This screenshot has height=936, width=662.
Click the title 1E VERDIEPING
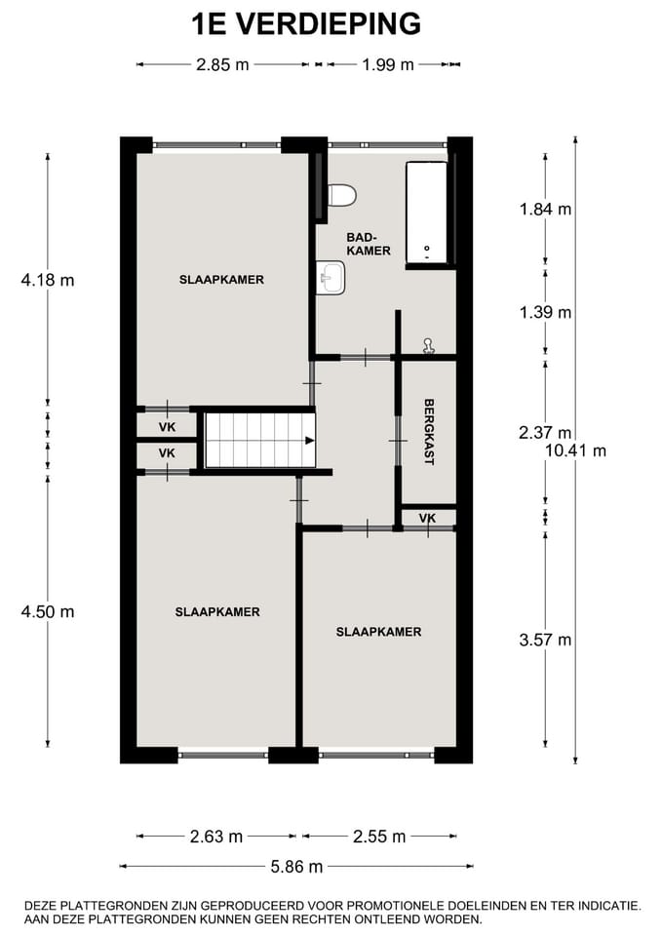click(x=306, y=23)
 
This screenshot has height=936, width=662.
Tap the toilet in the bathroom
click(x=340, y=195)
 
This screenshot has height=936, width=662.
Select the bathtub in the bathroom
click(x=426, y=213)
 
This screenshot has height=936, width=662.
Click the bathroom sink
click(x=329, y=279)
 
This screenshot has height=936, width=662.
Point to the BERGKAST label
click(x=428, y=431)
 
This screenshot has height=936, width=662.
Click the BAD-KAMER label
click(x=369, y=244)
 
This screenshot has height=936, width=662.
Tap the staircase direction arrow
click(x=309, y=440)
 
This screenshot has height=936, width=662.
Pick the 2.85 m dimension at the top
click(x=222, y=65)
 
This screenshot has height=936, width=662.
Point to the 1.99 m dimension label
click(x=388, y=65)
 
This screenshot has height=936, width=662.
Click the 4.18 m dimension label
click(x=48, y=281)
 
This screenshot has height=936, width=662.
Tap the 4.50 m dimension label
click(x=48, y=612)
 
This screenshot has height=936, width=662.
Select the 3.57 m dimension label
click(x=545, y=640)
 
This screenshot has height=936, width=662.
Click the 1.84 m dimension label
click(x=545, y=209)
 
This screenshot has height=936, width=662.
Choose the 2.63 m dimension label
click(x=216, y=837)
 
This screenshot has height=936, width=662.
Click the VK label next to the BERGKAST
click(x=427, y=518)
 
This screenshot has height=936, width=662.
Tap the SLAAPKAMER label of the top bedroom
click(x=221, y=280)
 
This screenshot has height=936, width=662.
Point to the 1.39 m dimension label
click(x=545, y=313)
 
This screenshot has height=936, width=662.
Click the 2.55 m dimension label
click(x=379, y=837)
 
